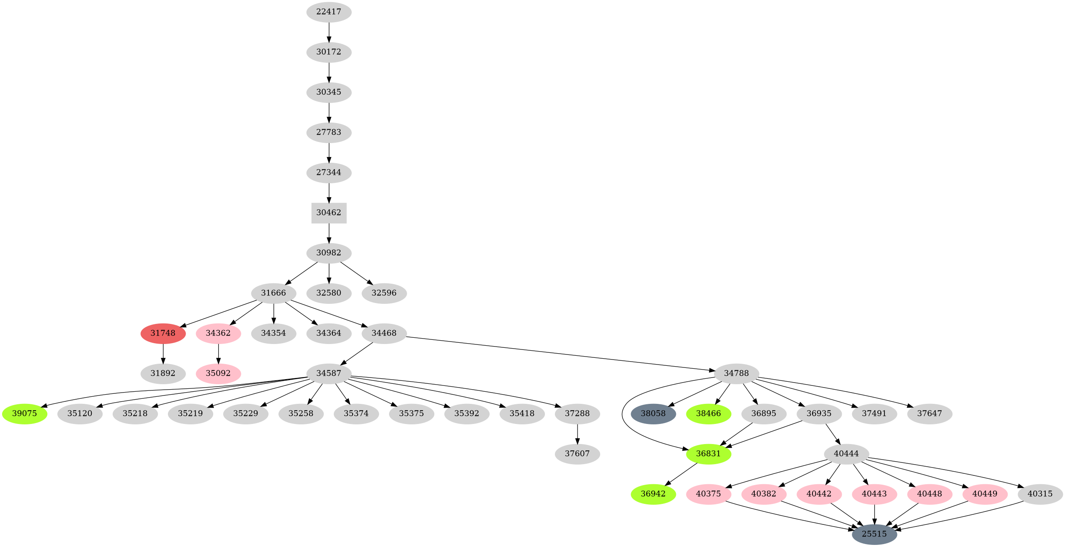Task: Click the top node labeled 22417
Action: pyautogui.click(x=329, y=12)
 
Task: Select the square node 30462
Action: pyautogui.click(x=329, y=213)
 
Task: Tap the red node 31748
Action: pyautogui.click(x=163, y=333)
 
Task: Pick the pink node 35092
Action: pyautogui.click(x=218, y=373)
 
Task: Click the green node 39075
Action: pyautogui.click(x=25, y=413)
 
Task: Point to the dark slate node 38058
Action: pyautogui.click(x=653, y=413)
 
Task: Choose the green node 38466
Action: pyautogui.click(x=708, y=413)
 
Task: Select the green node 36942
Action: pyautogui.click(x=653, y=494)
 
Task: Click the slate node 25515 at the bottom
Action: pyautogui.click(x=874, y=534)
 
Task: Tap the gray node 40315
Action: pyautogui.click(x=1040, y=494)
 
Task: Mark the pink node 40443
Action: pyautogui.click(x=874, y=494)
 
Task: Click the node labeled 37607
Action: pyautogui.click(x=577, y=454)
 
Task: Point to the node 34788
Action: pyautogui.click(x=736, y=373)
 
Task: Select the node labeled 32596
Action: pyautogui.click(x=384, y=293)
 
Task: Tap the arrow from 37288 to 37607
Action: pyautogui.click(x=577, y=434)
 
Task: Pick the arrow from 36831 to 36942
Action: pyautogui.click(x=681, y=474)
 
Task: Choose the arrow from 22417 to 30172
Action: pyautogui.click(x=329, y=32)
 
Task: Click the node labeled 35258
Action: pyautogui.click(x=301, y=413)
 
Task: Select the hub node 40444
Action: pyautogui.click(x=846, y=454)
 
